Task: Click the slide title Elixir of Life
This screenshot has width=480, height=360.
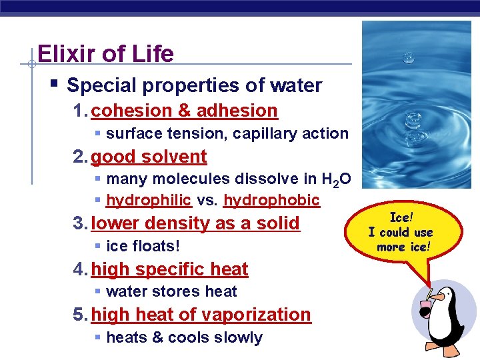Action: pos(105,53)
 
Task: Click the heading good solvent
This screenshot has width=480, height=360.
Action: pos(149,157)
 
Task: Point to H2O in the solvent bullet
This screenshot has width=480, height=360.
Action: pos(336,179)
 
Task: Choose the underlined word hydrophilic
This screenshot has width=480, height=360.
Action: pos(149,201)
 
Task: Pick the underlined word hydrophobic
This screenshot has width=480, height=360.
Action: pos(271,201)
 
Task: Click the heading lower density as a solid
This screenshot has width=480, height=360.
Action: pos(195,223)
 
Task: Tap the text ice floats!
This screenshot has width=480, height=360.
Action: pos(143,247)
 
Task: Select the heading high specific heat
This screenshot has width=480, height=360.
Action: pos(169,269)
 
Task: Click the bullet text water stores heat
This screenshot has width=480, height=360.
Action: pos(171,292)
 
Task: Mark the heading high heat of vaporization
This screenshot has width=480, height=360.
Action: pos(201,315)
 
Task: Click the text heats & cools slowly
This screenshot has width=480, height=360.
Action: pos(184,338)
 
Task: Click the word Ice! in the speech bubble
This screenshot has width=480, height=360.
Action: pos(401,217)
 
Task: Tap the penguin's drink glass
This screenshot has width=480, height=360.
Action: pos(425,309)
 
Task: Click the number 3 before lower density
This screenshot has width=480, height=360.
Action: pos(78,223)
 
